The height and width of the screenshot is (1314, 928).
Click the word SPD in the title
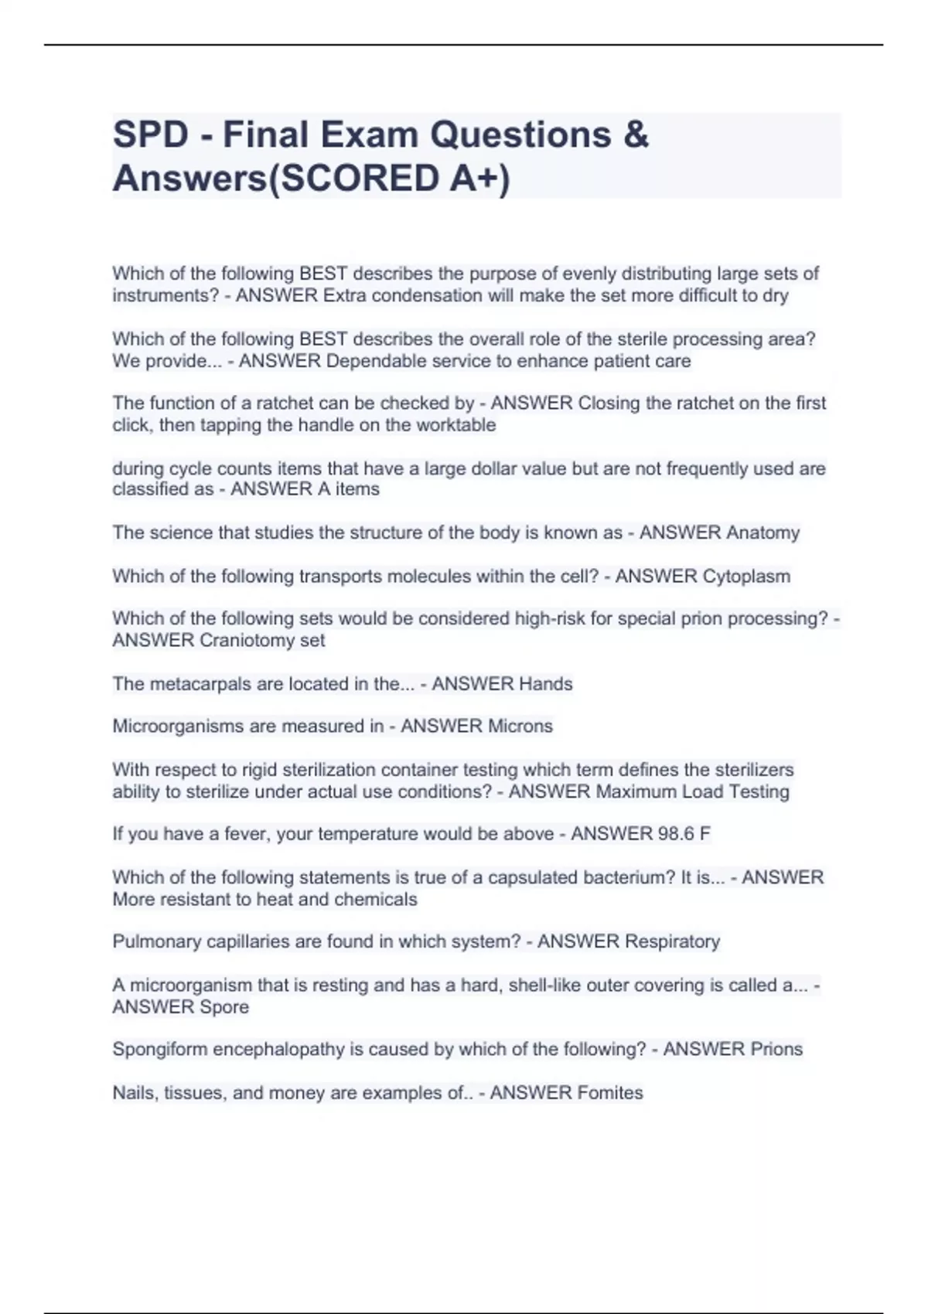click(x=151, y=134)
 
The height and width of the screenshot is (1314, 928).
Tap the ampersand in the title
click(x=635, y=134)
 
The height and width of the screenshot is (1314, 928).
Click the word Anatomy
click(x=763, y=533)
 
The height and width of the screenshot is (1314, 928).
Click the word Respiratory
click(x=672, y=941)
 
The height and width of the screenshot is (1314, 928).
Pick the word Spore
click(x=224, y=1006)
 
